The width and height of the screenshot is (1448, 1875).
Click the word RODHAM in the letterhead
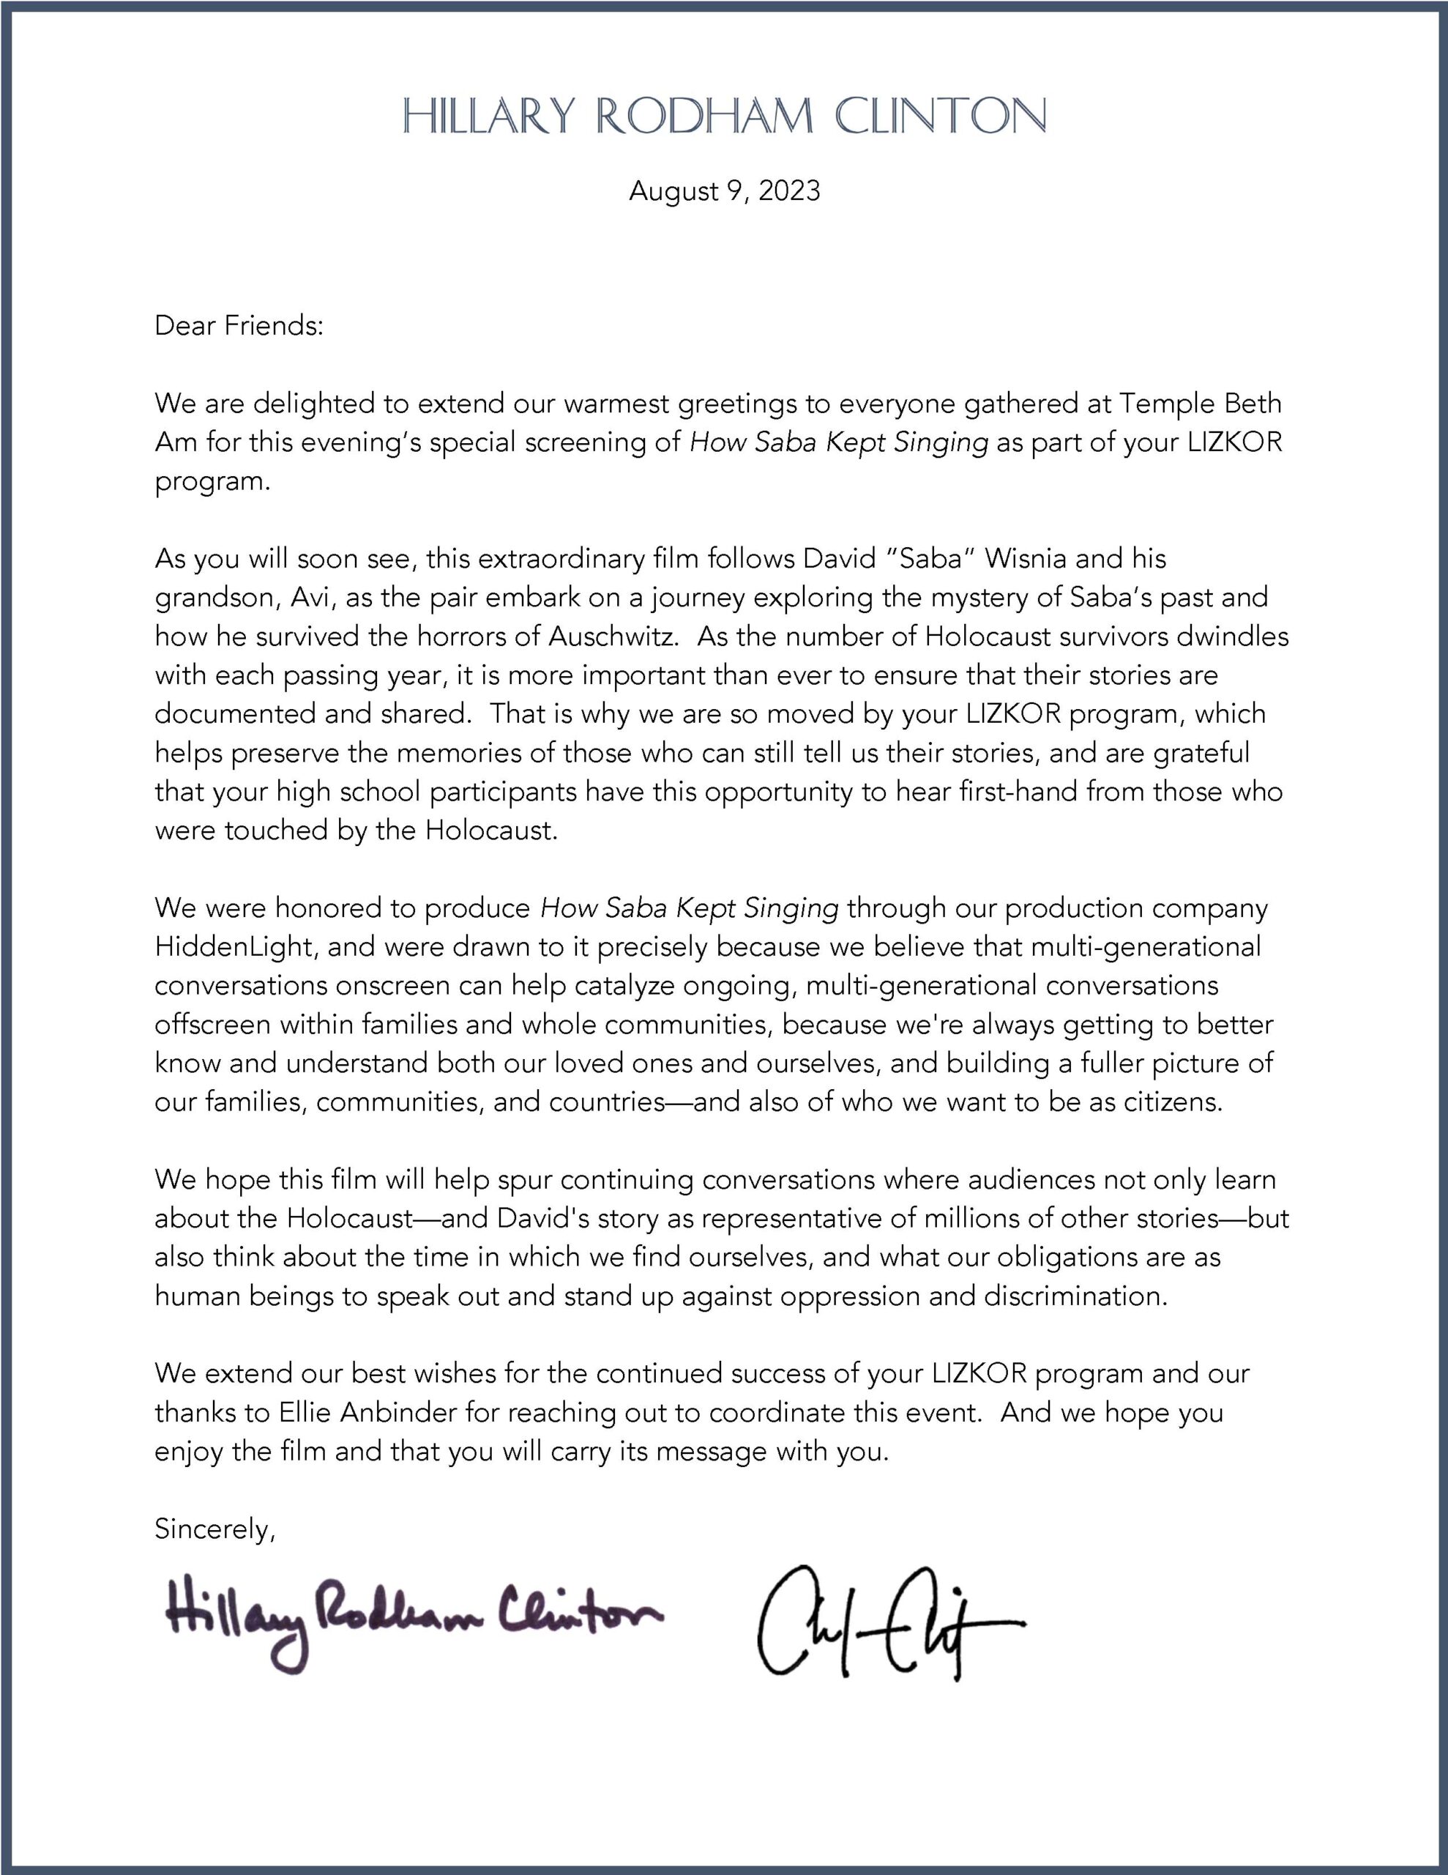(704, 116)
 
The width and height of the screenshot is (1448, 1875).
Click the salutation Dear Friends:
(239, 326)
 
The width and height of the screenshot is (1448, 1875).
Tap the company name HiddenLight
(234, 947)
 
